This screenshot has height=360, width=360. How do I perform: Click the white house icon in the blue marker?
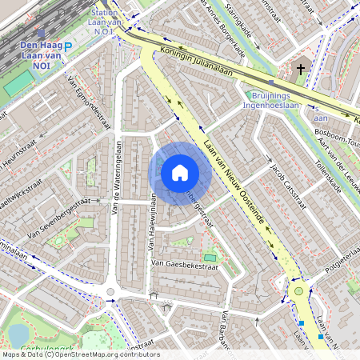click(x=180, y=172)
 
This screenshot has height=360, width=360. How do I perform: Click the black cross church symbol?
click(x=301, y=70)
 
